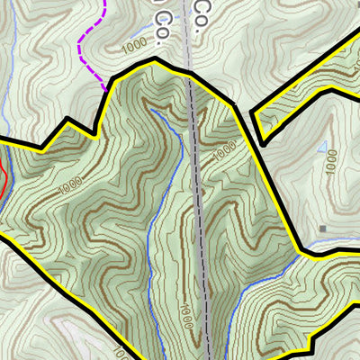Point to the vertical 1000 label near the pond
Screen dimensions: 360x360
click(x=332, y=162)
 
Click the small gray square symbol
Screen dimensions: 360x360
click(x=322, y=229)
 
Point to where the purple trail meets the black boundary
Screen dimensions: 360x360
click(x=106, y=89)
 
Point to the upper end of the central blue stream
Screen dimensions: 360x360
click(x=150, y=105)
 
